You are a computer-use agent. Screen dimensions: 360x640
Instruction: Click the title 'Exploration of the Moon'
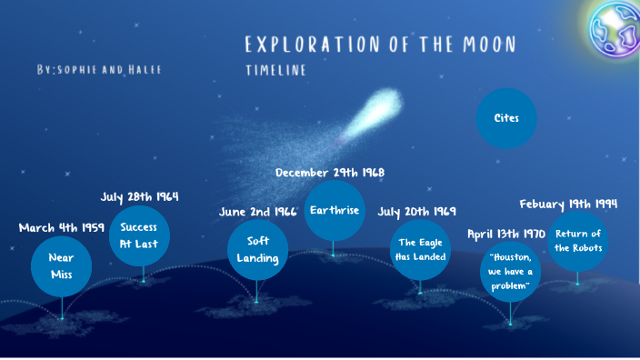tap(380, 45)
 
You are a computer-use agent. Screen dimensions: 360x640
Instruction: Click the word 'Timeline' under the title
tap(275, 70)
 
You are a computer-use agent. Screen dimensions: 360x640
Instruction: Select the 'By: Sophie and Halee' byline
tap(99, 70)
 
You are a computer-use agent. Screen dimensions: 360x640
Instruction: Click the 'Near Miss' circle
tap(62, 265)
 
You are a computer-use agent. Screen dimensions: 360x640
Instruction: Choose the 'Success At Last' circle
tap(139, 235)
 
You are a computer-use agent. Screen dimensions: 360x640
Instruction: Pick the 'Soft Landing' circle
tap(257, 249)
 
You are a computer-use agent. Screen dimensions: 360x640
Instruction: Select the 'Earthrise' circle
tap(334, 210)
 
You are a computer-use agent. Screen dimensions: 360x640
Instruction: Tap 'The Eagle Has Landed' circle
tap(420, 249)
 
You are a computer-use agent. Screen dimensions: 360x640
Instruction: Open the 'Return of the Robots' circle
tap(578, 241)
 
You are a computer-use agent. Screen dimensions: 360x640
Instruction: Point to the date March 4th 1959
tap(62, 227)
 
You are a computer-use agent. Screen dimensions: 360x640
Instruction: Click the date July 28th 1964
tap(139, 196)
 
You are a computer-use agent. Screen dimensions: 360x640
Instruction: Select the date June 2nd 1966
tap(258, 212)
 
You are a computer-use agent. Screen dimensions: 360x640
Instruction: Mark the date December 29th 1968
tap(330, 172)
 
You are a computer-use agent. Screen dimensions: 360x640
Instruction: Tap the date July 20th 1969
tap(417, 212)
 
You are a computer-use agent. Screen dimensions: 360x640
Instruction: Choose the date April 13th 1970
tap(506, 234)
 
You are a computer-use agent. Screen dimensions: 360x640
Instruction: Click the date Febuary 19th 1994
tap(568, 204)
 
